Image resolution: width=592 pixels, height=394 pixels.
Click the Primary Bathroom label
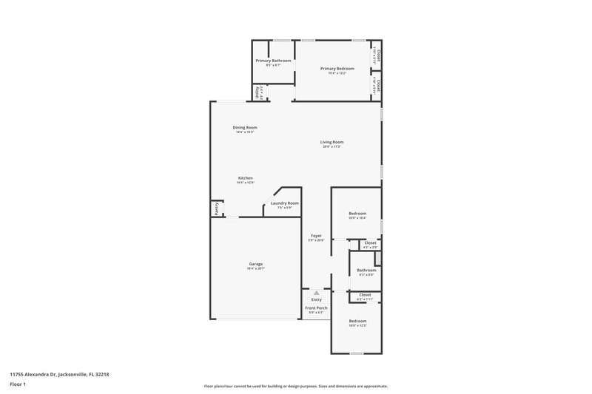[x=273, y=60]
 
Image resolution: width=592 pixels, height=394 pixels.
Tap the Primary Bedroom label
[x=337, y=69]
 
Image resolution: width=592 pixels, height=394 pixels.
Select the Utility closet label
[x=258, y=92]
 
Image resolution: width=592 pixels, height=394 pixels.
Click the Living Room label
[x=332, y=142]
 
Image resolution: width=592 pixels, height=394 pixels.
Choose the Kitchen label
[x=245, y=178]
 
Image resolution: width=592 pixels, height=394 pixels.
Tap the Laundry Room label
[x=285, y=203]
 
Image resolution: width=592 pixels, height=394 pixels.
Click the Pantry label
[x=216, y=209]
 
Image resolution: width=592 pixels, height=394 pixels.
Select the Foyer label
[x=316, y=236]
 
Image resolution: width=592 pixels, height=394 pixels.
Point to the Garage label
[x=255, y=264]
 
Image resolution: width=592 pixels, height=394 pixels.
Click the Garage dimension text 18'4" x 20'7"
[x=255, y=268]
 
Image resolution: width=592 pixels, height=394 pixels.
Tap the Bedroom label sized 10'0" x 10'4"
[x=357, y=214]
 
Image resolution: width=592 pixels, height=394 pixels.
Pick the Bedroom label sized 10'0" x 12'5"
[x=357, y=321]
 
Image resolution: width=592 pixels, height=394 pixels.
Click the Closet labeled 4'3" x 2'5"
[x=370, y=242]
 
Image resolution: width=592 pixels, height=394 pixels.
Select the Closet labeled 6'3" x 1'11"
[x=366, y=296]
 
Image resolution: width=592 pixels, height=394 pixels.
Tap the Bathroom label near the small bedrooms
[x=366, y=270]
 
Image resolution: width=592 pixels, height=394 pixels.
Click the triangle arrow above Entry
[x=316, y=293]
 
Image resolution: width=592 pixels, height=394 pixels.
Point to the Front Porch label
[x=316, y=308]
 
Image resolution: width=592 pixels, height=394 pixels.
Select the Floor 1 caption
[x=18, y=384]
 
